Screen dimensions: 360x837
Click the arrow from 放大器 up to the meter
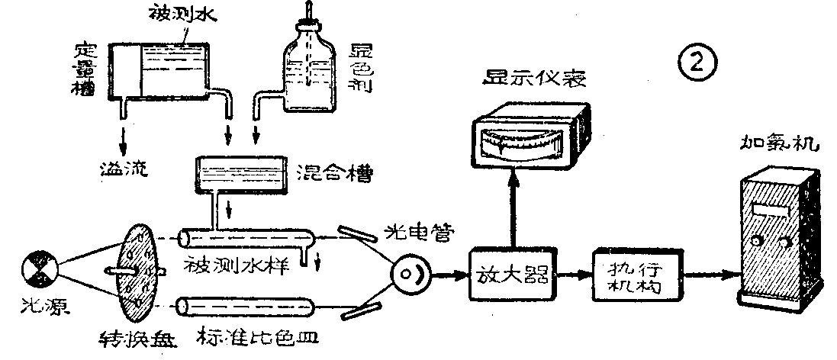513,206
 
